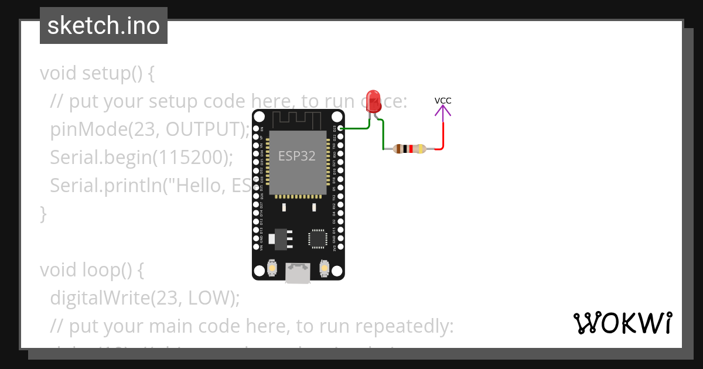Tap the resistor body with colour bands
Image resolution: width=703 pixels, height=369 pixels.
[409, 149]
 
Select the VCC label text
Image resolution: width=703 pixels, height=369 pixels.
[443, 100]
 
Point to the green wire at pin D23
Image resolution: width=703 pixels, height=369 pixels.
[355, 128]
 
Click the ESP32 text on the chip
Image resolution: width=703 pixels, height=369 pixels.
[296, 156]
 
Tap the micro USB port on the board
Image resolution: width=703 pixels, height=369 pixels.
[298, 274]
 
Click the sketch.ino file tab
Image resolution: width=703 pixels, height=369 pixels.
[104, 26]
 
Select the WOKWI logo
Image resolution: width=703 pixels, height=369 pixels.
[622, 323]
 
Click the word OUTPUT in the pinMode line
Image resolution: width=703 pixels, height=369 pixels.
[204, 129]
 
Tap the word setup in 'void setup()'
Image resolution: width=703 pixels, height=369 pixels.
[106, 74]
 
